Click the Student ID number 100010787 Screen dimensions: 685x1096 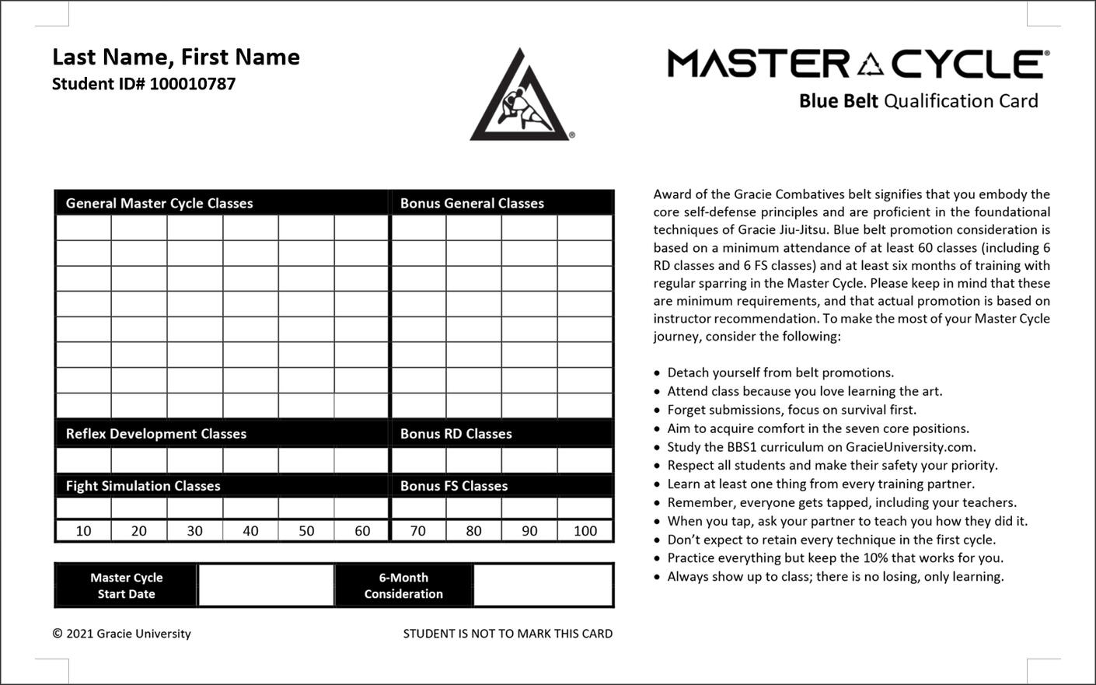tap(192, 84)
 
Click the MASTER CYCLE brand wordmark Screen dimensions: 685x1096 tap(858, 64)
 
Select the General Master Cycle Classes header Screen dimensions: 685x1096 tap(159, 203)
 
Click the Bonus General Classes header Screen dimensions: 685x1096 tap(472, 203)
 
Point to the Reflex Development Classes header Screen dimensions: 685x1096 tap(155, 434)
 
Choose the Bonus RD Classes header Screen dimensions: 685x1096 tap(456, 434)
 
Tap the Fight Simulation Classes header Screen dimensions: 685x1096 tap(143, 486)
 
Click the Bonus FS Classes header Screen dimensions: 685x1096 tap(454, 486)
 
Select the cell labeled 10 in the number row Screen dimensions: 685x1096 tap(83, 531)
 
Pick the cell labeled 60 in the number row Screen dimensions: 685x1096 tap(362, 531)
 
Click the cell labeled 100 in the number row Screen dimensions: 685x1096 tap(585, 531)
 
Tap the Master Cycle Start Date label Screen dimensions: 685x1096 tap(126, 585)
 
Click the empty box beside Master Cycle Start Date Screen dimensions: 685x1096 tap(266, 585)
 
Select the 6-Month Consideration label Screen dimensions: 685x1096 tap(403, 585)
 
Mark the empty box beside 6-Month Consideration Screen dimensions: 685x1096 tap(543, 585)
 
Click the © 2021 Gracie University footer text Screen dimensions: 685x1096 tap(121, 634)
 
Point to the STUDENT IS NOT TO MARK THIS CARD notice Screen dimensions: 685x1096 tap(508, 634)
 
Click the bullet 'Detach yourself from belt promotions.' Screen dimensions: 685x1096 tap(780, 372)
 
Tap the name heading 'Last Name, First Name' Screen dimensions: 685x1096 tap(176, 57)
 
